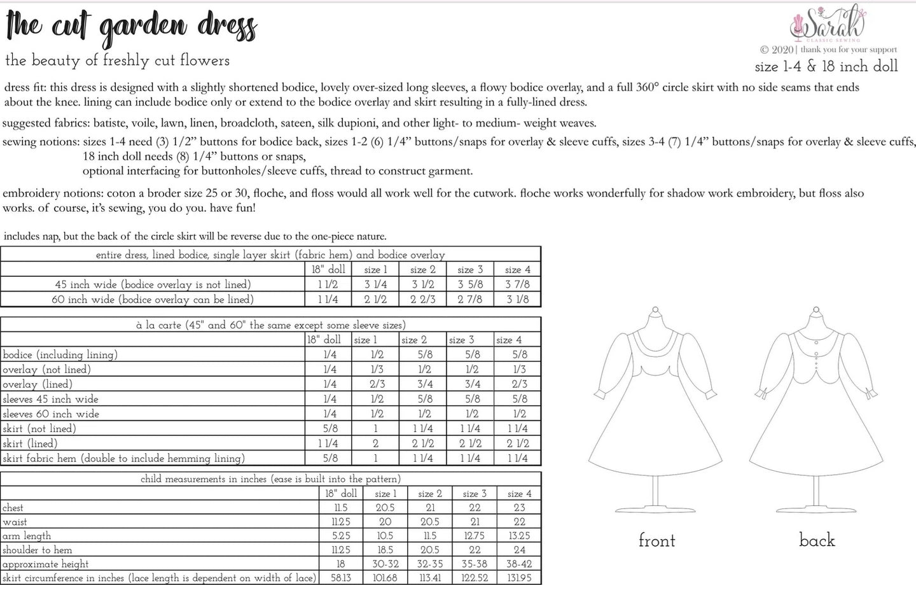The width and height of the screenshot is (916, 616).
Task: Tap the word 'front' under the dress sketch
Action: pyautogui.click(x=656, y=541)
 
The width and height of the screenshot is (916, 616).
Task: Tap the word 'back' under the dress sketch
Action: pyautogui.click(x=817, y=540)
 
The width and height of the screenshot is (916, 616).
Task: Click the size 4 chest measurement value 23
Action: pyautogui.click(x=519, y=508)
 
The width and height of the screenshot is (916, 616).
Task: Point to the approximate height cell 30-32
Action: pyautogui.click(x=385, y=564)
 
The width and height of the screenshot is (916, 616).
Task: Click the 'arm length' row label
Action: pyautogui.click(x=27, y=536)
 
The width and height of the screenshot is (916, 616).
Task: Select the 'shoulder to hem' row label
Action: pyautogui.click(x=37, y=550)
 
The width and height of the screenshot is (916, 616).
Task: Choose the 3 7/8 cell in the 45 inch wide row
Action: pyautogui.click(x=517, y=284)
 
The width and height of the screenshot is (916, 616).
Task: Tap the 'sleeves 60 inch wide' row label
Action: pyautogui.click(x=50, y=414)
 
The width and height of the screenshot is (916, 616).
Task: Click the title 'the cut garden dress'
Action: pyautogui.click(x=131, y=27)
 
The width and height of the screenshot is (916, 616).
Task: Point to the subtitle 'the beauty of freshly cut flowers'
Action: pyautogui.click(x=117, y=61)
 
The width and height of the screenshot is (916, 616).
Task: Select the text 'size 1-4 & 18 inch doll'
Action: pyautogui.click(x=826, y=66)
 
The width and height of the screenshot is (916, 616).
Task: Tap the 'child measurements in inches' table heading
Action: pyautogui.click(x=270, y=479)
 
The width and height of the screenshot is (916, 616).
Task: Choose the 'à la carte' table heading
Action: pyautogui.click(x=270, y=325)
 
